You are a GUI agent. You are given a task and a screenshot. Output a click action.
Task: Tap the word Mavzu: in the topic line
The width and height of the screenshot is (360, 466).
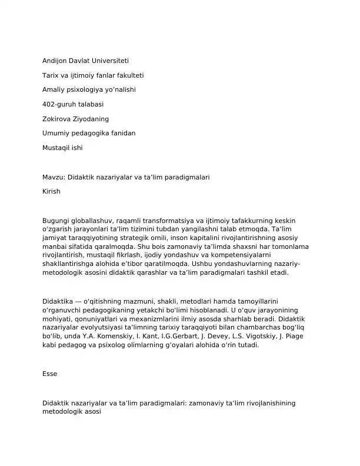coord(54,177)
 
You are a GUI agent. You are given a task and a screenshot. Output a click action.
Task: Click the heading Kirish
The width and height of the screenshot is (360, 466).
coord(51,191)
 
